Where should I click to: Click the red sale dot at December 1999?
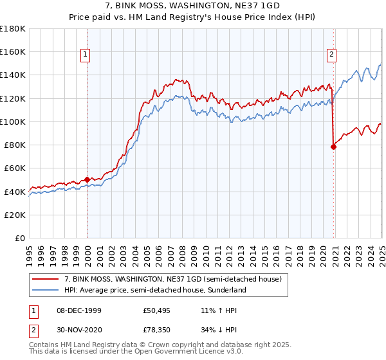pos(87,179)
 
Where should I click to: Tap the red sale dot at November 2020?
pos(334,147)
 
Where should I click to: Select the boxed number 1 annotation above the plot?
pos(86,55)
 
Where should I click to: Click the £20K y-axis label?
pos(15,215)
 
